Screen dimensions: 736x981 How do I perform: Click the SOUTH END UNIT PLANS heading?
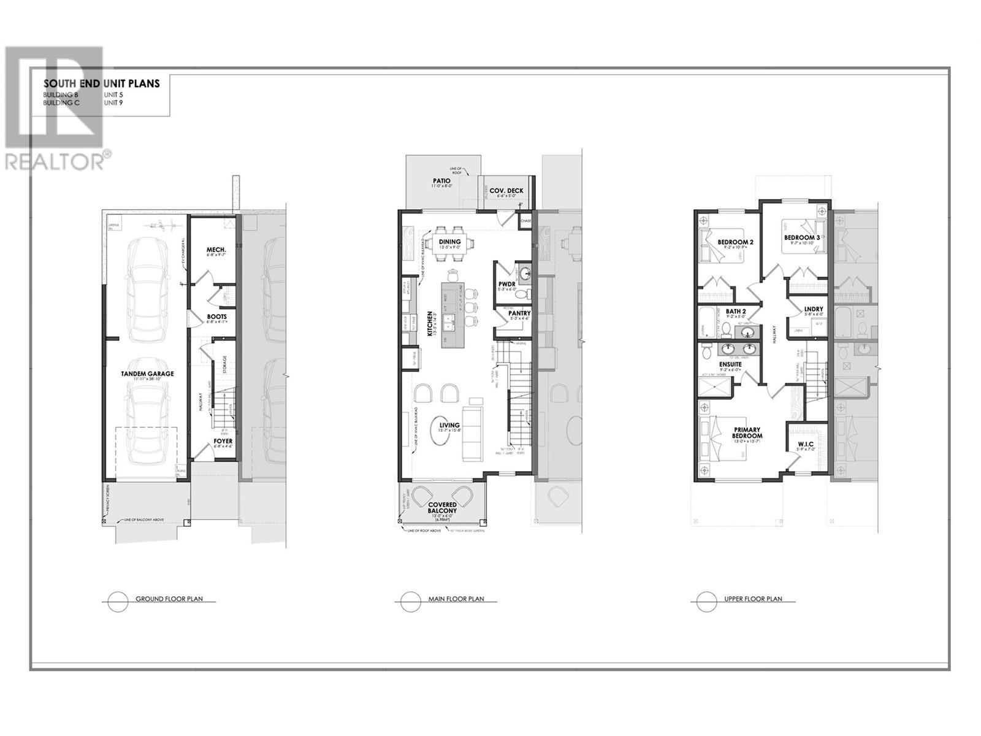pos(101,83)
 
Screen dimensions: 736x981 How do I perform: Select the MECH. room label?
pos(216,250)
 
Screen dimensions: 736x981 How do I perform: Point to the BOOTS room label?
pos(216,317)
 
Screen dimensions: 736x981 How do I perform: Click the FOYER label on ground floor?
pos(223,441)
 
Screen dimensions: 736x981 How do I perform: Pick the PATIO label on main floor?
pos(441,181)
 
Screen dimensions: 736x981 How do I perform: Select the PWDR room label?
pos(506,283)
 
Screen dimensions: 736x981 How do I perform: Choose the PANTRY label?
pos(519,313)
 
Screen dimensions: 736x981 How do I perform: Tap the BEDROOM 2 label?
pos(735,242)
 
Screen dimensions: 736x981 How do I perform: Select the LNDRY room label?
pos(814,310)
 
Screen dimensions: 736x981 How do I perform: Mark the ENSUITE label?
pos(730,364)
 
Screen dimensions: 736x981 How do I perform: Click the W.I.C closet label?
pos(806,444)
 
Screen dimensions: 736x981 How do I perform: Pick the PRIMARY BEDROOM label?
pos(747,432)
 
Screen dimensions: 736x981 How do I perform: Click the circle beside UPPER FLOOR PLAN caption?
pos(706,601)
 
